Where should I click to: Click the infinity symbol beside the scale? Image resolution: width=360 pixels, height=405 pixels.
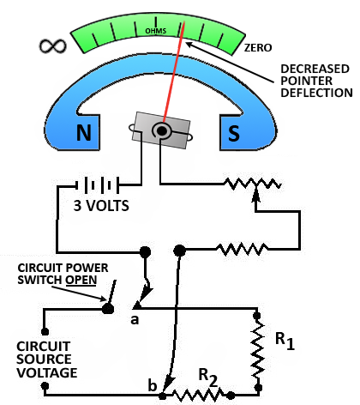click(53, 45)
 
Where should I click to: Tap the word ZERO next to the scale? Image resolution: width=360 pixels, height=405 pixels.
click(258, 48)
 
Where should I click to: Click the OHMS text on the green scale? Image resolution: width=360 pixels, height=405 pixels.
click(156, 31)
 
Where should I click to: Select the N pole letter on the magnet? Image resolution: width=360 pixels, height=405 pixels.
click(84, 132)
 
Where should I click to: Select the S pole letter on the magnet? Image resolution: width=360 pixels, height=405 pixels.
click(234, 133)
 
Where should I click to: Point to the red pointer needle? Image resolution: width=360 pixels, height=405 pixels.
click(174, 71)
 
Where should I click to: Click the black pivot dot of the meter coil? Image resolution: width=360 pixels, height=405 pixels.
click(162, 131)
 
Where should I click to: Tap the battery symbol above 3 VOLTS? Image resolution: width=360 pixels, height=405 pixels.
click(97, 185)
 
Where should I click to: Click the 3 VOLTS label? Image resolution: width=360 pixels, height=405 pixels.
click(101, 206)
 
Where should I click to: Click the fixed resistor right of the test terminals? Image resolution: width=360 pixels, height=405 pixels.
click(242, 250)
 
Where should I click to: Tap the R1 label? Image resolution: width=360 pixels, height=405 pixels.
click(285, 341)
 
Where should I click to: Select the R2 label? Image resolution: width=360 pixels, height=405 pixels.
click(207, 378)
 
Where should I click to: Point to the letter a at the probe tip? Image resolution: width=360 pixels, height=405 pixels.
click(135, 319)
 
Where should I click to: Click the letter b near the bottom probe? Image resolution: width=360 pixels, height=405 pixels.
click(153, 385)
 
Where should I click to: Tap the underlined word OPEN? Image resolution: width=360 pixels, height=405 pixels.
click(81, 280)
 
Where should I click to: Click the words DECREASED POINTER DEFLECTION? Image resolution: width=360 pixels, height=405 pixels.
click(316, 81)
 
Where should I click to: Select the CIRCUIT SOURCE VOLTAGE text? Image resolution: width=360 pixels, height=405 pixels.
click(46, 360)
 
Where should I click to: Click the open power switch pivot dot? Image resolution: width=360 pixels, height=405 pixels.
click(108, 309)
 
